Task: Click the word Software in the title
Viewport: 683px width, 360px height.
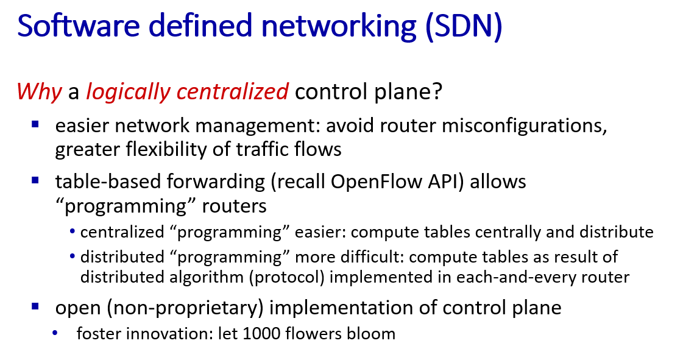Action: pos(79,25)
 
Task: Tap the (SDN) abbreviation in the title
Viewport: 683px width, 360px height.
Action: pos(464,26)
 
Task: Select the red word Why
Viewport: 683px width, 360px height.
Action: pos(39,91)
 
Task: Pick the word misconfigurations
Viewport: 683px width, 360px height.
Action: pos(524,126)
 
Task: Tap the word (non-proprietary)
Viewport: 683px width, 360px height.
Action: pos(186,308)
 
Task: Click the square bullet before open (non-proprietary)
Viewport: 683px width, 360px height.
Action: pos(35,306)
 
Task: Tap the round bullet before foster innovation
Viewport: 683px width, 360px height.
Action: pos(54,333)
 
